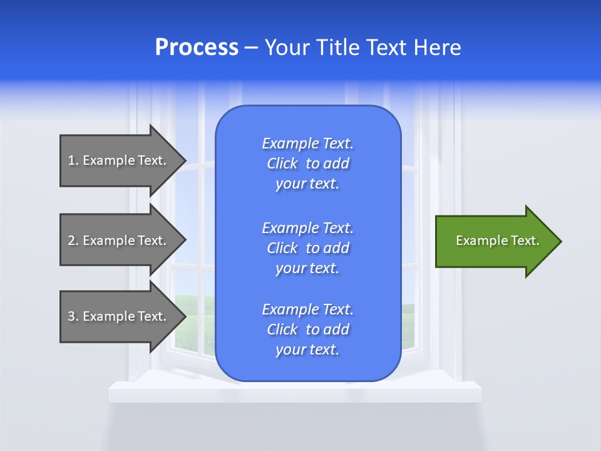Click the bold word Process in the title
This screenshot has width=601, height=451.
[x=197, y=48]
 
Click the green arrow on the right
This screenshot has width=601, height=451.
[x=495, y=241]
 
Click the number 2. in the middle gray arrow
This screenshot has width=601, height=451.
[x=73, y=241]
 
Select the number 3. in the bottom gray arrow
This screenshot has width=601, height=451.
[x=73, y=316]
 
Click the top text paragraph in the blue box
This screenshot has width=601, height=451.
[x=307, y=163]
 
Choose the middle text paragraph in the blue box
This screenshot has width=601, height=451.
[x=307, y=247]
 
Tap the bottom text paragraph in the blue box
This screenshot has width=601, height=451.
[x=307, y=329]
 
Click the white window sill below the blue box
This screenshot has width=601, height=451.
[x=157, y=392]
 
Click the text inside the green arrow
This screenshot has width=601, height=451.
[x=497, y=241]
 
